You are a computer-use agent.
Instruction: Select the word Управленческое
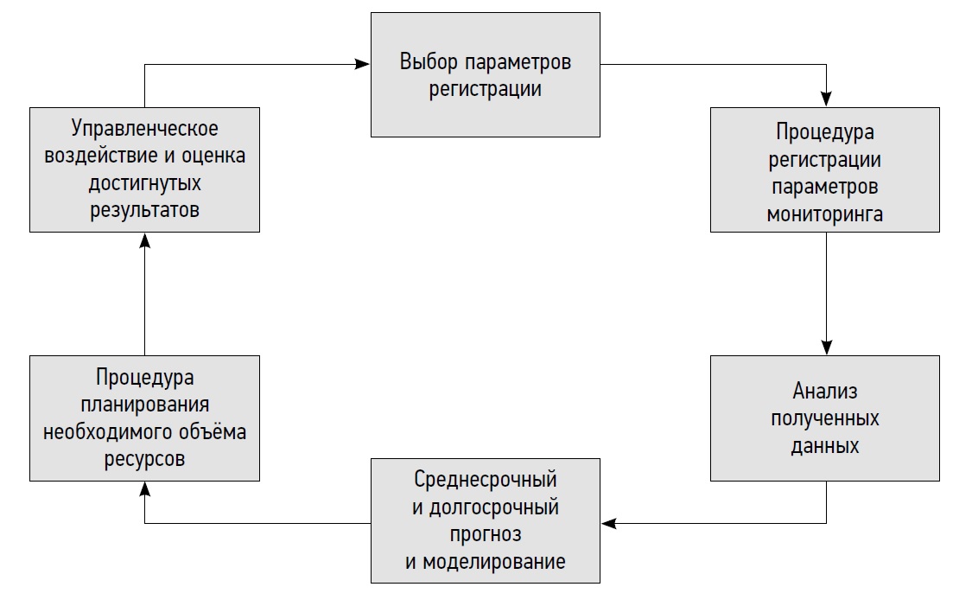point(144,130)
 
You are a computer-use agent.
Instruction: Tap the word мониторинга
point(825,215)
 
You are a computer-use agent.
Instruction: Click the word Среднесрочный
point(486,479)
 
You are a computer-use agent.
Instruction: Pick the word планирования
point(144,405)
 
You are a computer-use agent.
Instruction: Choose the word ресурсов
point(144,459)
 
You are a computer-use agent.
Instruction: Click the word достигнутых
point(144,183)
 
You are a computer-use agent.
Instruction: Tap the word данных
point(825,447)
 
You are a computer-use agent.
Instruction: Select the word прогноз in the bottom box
point(486,534)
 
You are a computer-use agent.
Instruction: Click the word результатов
point(144,210)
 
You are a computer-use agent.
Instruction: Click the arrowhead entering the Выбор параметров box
point(365,63)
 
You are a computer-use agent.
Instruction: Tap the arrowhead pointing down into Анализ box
point(826,348)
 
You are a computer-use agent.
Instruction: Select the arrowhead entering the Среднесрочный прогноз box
point(607,523)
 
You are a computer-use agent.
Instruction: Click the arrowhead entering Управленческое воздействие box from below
point(144,239)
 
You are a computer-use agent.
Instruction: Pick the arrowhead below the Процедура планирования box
point(144,488)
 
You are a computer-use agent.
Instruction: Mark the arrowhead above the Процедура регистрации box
point(826,100)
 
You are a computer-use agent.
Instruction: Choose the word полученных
point(825,419)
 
